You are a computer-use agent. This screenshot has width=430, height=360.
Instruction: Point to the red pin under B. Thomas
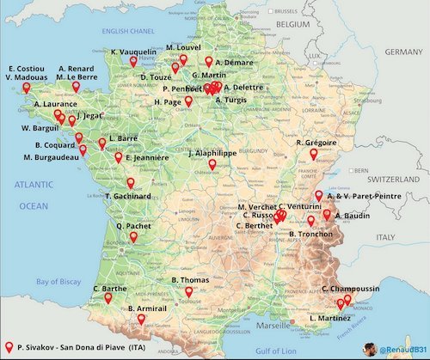point(188,292)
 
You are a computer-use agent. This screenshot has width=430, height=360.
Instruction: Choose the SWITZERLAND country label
point(387,181)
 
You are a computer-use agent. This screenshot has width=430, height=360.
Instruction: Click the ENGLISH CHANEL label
point(129,32)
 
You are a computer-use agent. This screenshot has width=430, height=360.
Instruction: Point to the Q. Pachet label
point(133,227)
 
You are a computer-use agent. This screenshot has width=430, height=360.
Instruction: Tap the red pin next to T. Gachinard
point(131,183)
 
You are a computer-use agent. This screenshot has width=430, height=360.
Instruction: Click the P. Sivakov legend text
point(79,347)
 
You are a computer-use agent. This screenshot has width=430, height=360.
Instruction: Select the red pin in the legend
point(9,346)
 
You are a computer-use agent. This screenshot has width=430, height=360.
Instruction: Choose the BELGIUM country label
point(292,27)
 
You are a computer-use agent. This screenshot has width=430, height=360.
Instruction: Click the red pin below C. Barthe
point(108,299)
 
